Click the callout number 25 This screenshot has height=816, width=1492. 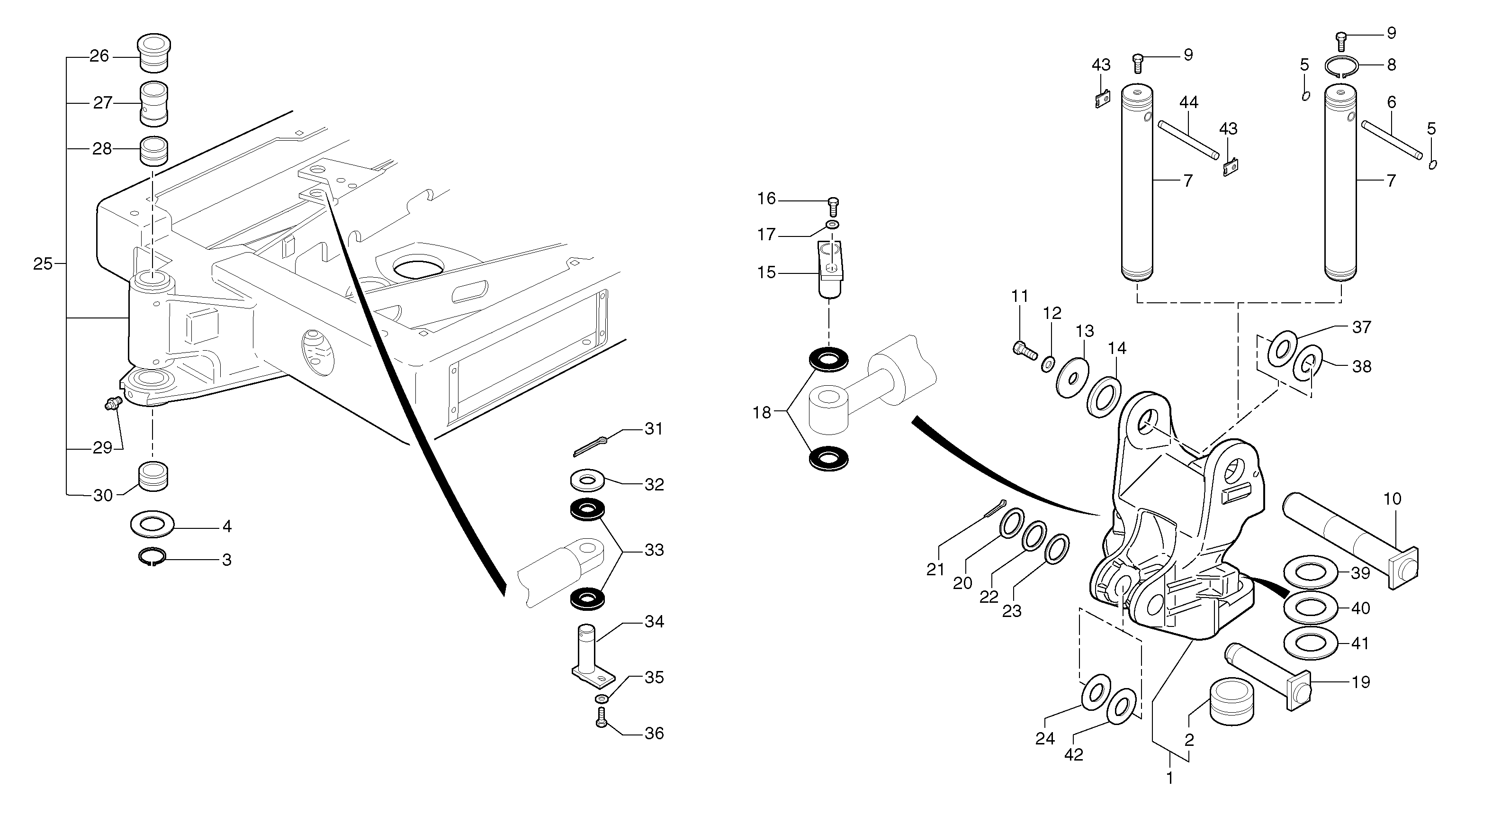tap(42, 264)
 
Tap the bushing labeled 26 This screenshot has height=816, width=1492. tap(153, 54)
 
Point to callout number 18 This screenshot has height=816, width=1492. tap(762, 413)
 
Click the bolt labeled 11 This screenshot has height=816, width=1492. tap(1025, 350)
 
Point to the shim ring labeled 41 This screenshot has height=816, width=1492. tap(1311, 644)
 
